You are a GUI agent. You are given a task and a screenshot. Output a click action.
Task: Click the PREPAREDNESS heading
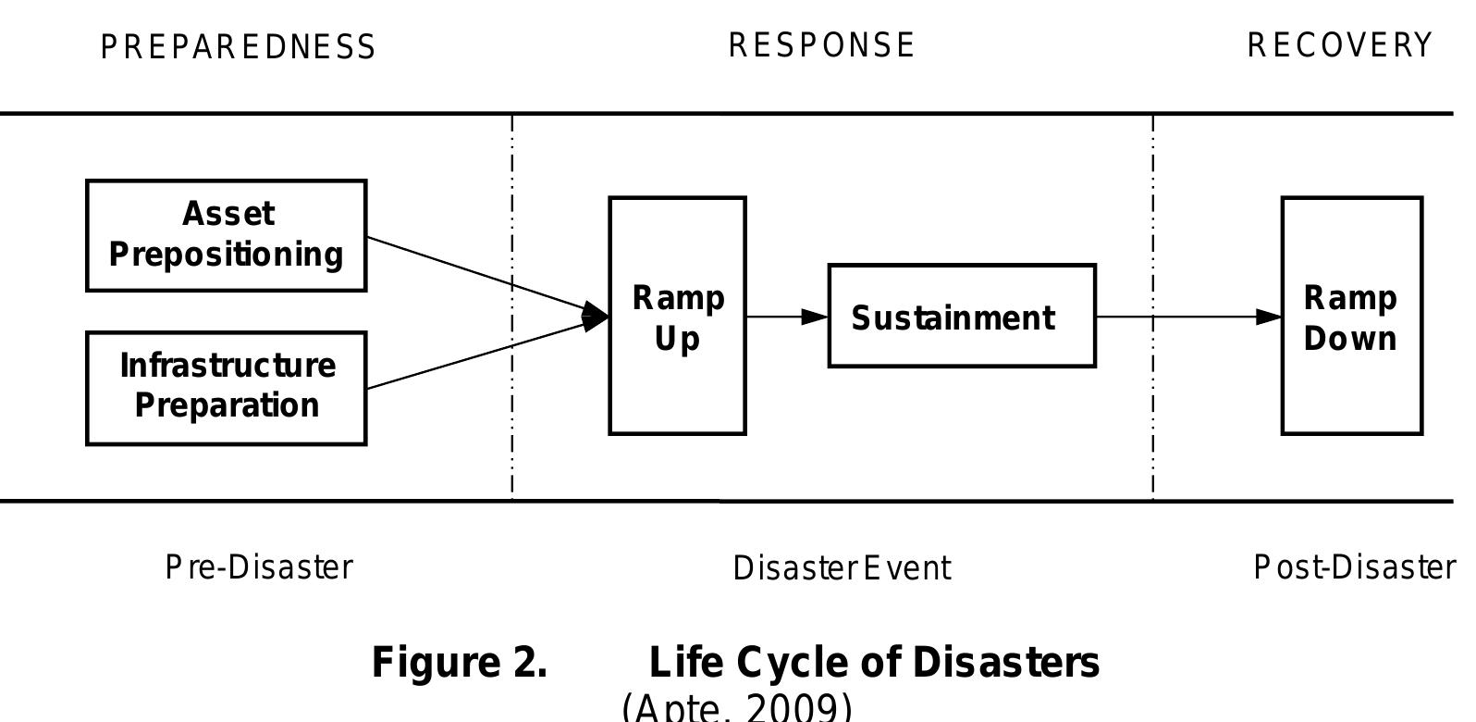[x=239, y=47]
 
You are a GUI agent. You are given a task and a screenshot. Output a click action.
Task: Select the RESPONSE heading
[x=822, y=45]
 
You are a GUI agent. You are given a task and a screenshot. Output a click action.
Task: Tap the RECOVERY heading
[x=1340, y=45]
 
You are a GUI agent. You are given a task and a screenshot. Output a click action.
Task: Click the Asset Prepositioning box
[x=227, y=235]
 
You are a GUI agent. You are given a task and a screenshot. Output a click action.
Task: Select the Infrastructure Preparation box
[x=227, y=387]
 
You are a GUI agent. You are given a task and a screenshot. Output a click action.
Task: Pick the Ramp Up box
[x=677, y=315]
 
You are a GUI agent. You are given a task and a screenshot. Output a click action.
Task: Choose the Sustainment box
[x=962, y=317]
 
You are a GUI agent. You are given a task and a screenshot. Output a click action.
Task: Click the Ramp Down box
[x=1351, y=315]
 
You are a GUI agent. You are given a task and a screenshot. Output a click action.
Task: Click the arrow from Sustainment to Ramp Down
[x=1202, y=317]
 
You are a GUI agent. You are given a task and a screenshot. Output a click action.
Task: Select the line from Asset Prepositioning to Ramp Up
[x=462, y=269]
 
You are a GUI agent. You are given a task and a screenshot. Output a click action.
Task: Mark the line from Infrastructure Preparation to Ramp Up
[x=462, y=360]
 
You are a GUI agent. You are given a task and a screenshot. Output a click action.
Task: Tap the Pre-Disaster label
[x=259, y=567]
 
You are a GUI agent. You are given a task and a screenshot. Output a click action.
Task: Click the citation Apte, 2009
[x=737, y=708]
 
